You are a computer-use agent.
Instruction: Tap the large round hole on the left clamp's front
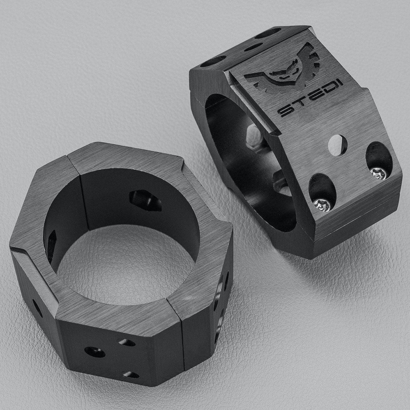pos(95,352)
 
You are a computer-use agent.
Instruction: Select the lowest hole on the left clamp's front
pos(131,375)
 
